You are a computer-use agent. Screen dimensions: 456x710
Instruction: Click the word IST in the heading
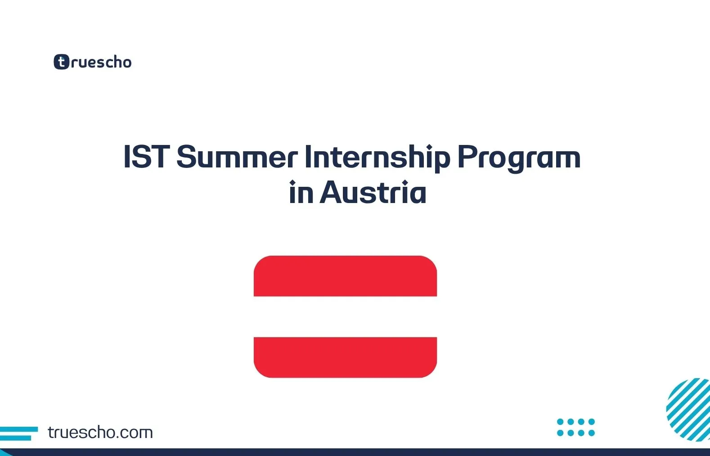145,157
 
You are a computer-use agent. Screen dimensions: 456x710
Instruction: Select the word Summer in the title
237,157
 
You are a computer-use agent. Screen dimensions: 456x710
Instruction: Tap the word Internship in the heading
377,157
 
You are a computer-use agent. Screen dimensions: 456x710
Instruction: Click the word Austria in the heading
373,193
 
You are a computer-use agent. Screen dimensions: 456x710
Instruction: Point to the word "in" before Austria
301,193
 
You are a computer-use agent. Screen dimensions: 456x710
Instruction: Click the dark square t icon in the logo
61,62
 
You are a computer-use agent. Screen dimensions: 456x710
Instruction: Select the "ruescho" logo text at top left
101,62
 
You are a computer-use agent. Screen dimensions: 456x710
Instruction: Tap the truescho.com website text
100,433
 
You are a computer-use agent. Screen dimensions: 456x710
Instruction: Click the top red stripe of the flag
345,276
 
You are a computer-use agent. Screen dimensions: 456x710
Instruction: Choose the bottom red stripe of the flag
345,357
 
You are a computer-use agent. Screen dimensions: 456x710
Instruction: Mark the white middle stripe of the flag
345,316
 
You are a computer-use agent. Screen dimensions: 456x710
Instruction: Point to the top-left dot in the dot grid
560,422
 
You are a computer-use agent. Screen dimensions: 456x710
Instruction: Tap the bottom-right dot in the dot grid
592,433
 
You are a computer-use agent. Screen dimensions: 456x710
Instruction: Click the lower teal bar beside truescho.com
15,438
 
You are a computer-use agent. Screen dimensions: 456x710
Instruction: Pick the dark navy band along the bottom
355,452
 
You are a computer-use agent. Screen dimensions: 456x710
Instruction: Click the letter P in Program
467,157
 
